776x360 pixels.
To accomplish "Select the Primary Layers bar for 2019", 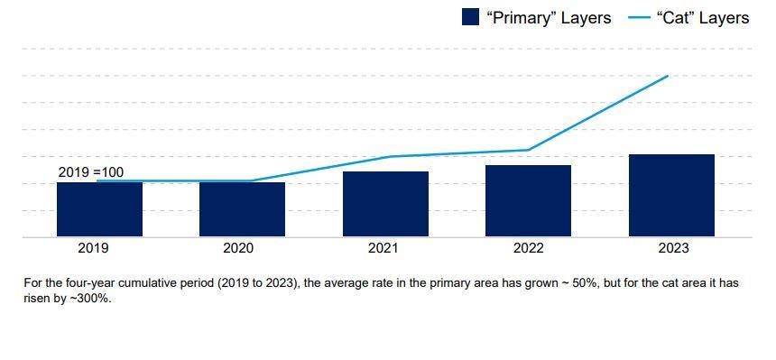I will pyautogui.click(x=99, y=209).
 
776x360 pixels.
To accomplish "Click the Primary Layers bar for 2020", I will pyautogui.click(x=242, y=209).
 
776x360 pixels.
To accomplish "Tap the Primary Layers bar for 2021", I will pyautogui.click(x=385, y=204).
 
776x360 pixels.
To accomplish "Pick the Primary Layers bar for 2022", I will pyautogui.click(x=528, y=200).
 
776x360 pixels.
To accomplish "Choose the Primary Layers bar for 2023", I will pyautogui.click(x=671, y=196).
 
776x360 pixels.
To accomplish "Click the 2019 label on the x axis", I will pyautogui.click(x=94, y=248).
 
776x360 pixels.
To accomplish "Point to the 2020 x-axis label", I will pyautogui.click(x=238, y=248).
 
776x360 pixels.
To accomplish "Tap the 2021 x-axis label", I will pyautogui.click(x=383, y=248).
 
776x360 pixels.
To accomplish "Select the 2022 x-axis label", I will pyautogui.click(x=529, y=248).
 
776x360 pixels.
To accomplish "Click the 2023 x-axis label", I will pyautogui.click(x=674, y=248).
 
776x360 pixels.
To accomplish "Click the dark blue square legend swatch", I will pyautogui.click(x=470, y=17).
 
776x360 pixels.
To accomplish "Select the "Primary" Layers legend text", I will pyautogui.click(x=549, y=18).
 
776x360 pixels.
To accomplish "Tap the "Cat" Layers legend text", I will pyautogui.click(x=701, y=18).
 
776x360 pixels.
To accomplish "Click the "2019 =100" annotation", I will pyautogui.click(x=91, y=172).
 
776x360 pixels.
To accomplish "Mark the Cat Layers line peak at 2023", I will pyautogui.click(x=668, y=76).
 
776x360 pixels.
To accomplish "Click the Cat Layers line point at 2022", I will pyautogui.click(x=528, y=150).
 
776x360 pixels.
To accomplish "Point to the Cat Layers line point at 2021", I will pyautogui.click(x=388, y=157).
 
